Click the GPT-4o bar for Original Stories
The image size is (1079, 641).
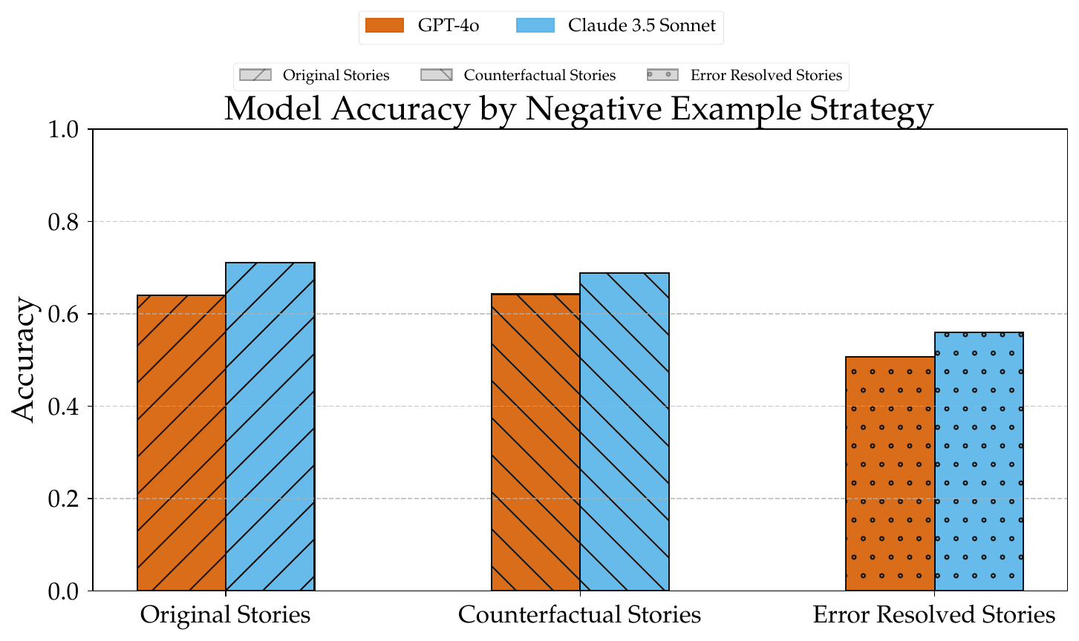click(182, 443)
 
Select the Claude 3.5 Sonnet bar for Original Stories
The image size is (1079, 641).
click(270, 427)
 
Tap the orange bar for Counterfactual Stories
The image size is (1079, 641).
click(535, 442)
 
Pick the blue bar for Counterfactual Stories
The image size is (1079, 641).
click(625, 432)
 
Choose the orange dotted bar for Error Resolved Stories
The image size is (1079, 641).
click(890, 473)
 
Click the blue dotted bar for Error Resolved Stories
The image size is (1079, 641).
click(979, 461)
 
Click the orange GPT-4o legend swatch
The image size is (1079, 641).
click(385, 25)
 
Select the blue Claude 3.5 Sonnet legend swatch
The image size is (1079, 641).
click(535, 25)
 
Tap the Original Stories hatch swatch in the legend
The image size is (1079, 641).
click(255, 75)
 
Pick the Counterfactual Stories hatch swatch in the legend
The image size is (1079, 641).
click(437, 75)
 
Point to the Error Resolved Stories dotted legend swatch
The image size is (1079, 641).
click(663, 75)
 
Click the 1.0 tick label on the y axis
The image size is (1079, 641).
click(63, 129)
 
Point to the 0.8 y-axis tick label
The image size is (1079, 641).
click(63, 222)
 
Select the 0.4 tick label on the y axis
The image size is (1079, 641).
click(63, 407)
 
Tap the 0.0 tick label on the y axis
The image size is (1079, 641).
click(63, 591)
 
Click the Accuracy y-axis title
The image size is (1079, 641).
click(23, 360)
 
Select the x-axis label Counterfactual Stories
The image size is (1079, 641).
click(579, 614)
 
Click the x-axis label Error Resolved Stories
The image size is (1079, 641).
click(934, 614)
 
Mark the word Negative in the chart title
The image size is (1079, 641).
click(593, 109)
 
